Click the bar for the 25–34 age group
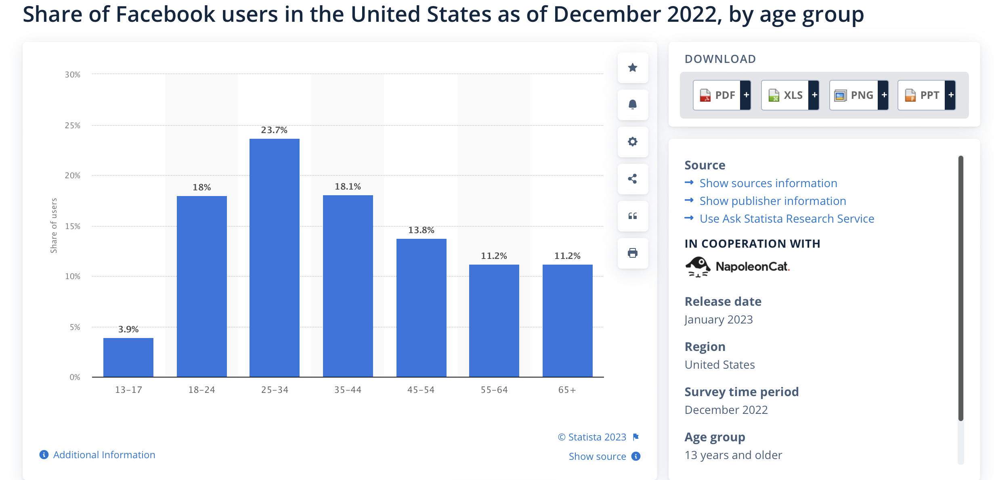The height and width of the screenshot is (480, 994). [x=274, y=258]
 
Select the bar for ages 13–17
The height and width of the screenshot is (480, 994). [x=128, y=357]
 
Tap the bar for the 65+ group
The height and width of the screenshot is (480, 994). [x=567, y=321]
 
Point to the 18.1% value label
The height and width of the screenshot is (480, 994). [x=348, y=186]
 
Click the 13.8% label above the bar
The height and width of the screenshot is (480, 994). [x=421, y=230]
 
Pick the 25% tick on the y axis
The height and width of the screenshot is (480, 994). [x=73, y=125]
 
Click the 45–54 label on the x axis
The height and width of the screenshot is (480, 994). [x=421, y=390]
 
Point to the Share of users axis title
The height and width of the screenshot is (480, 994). [x=54, y=225]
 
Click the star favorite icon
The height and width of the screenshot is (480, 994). [x=633, y=67]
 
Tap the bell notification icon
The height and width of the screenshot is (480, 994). [x=633, y=105]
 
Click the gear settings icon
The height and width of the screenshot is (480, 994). [x=633, y=142]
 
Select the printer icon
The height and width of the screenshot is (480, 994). [x=633, y=253]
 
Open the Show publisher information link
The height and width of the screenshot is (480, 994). [x=772, y=201]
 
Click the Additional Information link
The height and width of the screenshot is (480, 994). [x=104, y=455]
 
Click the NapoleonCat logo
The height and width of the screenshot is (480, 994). [x=737, y=267]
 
